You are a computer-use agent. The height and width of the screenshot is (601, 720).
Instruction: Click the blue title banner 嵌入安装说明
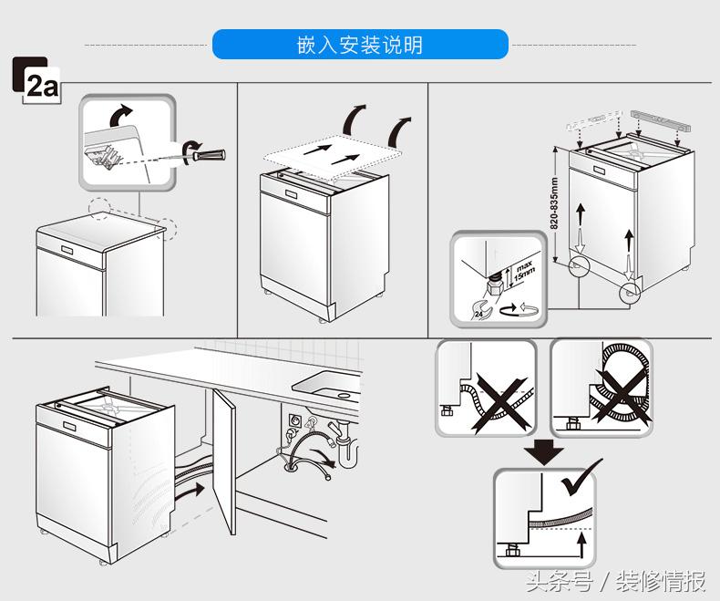point(360,44)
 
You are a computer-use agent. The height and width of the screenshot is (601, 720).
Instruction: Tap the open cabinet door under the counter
point(221,465)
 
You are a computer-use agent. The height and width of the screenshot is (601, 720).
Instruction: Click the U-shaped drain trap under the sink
point(347,447)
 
